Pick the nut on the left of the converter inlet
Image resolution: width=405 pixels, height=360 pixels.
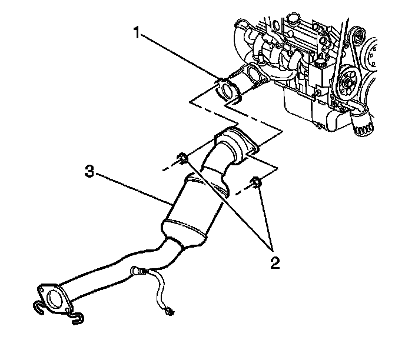tap(181, 158)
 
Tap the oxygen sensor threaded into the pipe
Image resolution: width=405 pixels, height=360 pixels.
tap(138, 271)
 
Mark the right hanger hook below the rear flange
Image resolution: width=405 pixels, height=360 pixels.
tap(75, 318)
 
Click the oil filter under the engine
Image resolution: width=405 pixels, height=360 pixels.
tap(362, 123)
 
